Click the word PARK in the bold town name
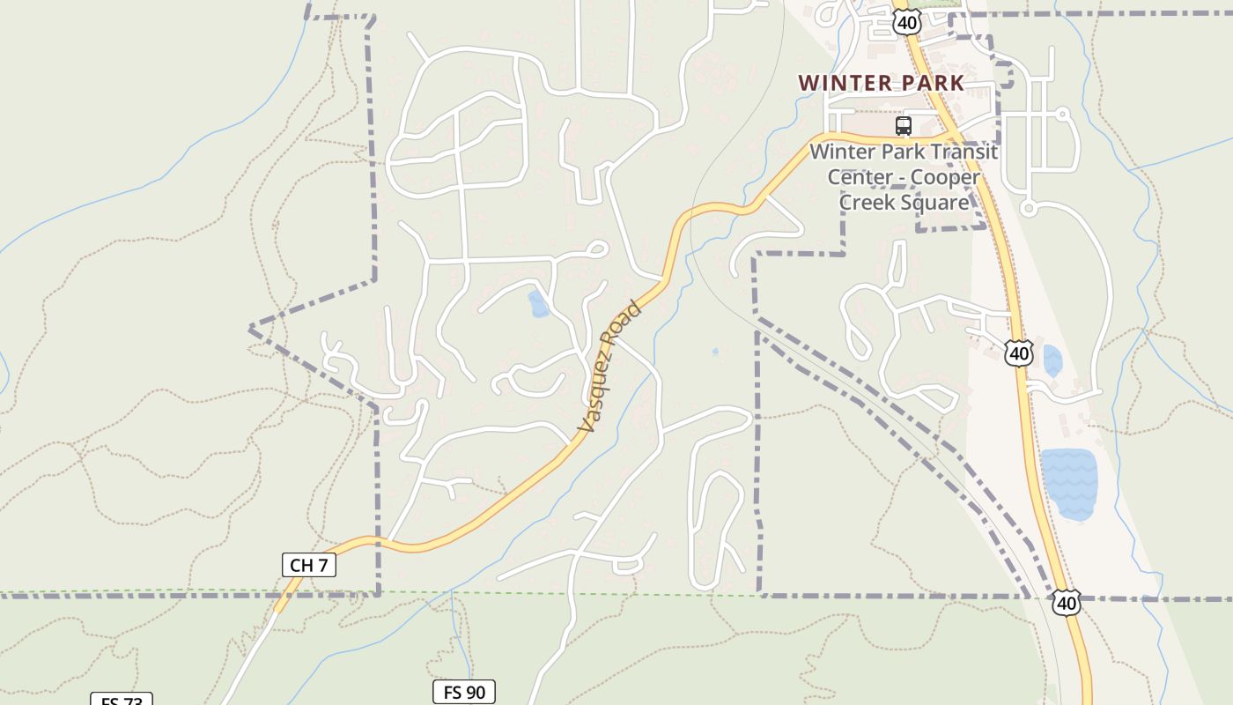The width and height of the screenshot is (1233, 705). (932, 83)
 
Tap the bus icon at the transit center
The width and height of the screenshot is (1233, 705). (904, 126)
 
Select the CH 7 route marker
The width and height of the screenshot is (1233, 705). (308, 565)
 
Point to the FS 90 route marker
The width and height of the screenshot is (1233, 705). (464, 692)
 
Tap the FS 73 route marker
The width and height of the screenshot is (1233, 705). (122, 701)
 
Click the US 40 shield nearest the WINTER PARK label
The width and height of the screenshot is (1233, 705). (907, 22)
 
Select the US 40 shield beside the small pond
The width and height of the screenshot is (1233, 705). (1019, 353)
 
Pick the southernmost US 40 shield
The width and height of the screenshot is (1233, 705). (1067, 603)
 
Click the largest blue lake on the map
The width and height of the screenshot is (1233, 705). (1068, 481)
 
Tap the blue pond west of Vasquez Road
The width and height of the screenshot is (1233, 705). (538, 304)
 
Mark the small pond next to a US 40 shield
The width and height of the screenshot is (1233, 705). (1052, 360)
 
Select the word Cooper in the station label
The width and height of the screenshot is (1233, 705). (946, 176)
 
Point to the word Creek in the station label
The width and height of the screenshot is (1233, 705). (868, 202)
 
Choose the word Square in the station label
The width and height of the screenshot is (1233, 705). (936, 202)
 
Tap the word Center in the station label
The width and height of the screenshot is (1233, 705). (860, 176)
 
